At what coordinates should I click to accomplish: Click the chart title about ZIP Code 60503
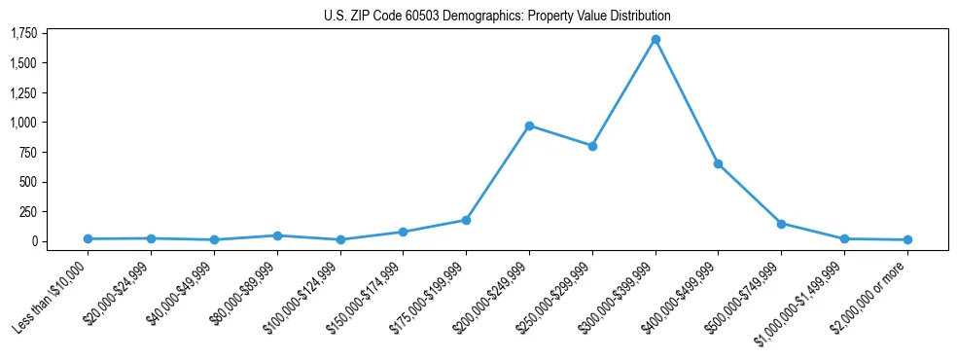coord(497,17)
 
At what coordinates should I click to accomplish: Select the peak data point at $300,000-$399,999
coord(656,40)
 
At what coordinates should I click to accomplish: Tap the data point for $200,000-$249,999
coord(529,126)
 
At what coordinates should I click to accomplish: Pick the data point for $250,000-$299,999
coord(592,146)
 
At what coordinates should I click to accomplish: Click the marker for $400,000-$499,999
coord(718,163)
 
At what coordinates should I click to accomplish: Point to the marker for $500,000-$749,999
coord(781,224)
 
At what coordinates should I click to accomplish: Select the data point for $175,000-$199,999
coord(466,220)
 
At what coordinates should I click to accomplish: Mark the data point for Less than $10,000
coord(88,238)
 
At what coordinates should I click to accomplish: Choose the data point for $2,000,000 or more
coord(907,239)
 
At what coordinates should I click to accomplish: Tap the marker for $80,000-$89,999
coord(277,235)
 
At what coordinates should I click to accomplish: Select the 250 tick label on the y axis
coord(28,211)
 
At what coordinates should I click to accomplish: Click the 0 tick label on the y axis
coord(33,241)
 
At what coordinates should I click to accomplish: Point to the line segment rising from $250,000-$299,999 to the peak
coord(623,93)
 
